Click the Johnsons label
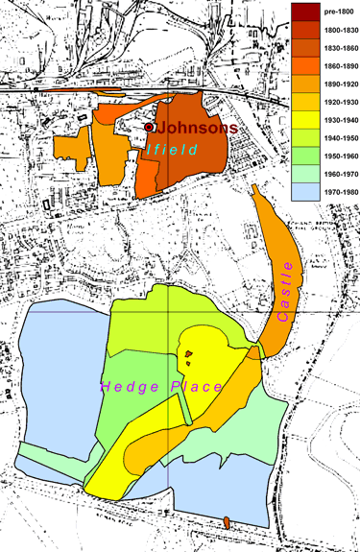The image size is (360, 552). click(x=196, y=128)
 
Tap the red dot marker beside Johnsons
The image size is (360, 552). click(x=149, y=127)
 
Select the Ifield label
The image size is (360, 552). click(x=174, y=150)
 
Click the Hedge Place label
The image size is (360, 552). click(x=162, y=387)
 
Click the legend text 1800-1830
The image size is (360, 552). click(x=339, y=30)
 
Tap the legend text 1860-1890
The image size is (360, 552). click(x=339, y=65)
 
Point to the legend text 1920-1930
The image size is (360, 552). click(x=339, y=101)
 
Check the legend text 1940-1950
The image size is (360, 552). click(x=339, y=136)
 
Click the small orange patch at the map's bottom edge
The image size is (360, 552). click(x=227, y=522)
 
